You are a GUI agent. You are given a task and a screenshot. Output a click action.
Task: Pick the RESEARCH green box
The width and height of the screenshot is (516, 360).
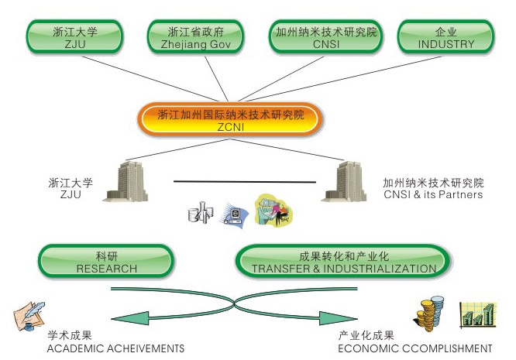[x=107, y=262]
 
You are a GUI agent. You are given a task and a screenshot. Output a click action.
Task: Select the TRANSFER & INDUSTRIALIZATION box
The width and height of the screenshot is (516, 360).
[x=343, y=262]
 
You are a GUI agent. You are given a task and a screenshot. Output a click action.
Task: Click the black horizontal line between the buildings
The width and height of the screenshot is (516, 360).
[x=244, y=182]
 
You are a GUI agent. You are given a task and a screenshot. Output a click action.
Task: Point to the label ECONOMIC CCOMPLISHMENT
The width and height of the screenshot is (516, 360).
[x=415, y=348]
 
